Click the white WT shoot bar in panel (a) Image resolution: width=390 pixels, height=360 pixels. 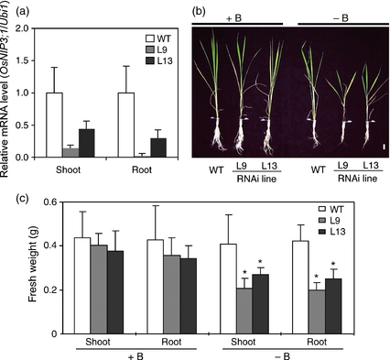coord(54,125)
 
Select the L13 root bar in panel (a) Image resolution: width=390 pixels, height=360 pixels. coord(158,148)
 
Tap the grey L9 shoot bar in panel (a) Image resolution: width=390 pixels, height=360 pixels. coord(70,153)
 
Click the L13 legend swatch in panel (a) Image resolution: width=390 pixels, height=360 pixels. coord(150,60)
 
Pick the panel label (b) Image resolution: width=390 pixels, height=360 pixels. coord(199,11)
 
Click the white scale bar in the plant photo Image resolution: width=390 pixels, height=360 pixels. coord(384,147)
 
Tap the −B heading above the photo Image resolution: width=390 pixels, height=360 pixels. coord(341,18)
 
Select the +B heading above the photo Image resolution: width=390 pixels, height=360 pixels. coord(233,18)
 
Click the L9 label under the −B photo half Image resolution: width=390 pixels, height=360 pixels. coord(343,166)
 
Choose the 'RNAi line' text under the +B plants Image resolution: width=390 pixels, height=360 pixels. coord(256,179)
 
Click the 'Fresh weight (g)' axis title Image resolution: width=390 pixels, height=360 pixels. coord(32,267)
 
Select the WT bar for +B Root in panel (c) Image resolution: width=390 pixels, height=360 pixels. coord(156,287)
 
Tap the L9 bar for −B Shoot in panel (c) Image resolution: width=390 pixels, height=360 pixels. coord(244,311)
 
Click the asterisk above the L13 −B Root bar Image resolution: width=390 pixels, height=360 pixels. coord(333,264)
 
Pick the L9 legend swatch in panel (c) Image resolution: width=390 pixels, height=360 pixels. coord(323,221)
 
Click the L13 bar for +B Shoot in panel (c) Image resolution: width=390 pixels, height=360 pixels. coord(115,292)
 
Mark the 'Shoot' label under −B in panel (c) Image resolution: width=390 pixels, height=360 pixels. coord(244,342)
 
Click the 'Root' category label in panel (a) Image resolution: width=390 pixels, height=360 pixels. coord(142,169)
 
